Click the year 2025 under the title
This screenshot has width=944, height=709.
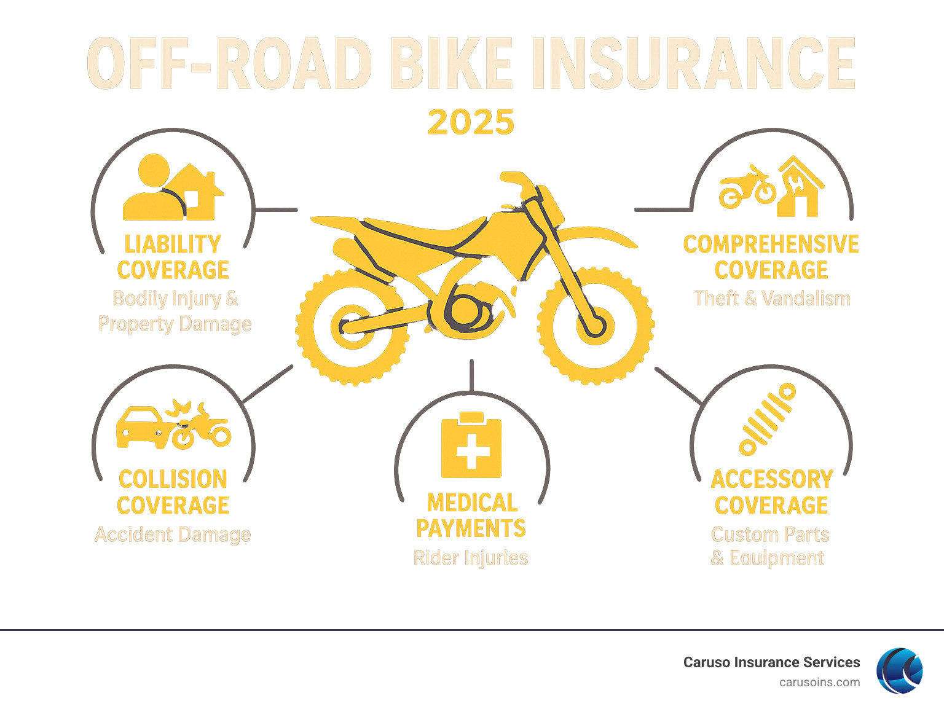[471, 122]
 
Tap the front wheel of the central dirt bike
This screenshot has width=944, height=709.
[595, 325]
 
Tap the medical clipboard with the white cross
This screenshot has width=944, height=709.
[471, 446]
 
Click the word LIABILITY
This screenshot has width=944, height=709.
[173, 245]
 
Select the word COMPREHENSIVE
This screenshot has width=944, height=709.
[771, 245]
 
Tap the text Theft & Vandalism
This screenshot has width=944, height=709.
[772, 299]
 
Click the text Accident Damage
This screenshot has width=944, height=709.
[173, 535]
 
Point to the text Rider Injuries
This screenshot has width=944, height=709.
[471, 558]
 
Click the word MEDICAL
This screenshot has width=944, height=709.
[472, 503]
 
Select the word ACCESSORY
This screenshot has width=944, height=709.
[772, 479]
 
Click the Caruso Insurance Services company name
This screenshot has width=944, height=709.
[771, 662]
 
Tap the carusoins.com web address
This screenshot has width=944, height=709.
[819, 682]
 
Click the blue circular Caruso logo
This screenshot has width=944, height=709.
[900, 670]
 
